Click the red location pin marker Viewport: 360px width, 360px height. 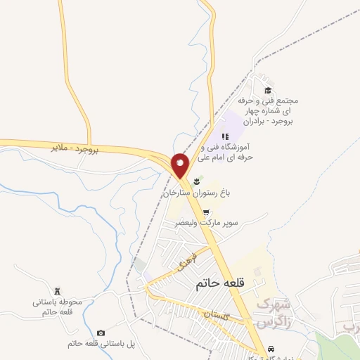(x=181, y=166)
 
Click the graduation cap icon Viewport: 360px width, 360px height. (x=267, y=90)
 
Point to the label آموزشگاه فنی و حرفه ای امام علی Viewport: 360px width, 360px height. (x=226, y=153)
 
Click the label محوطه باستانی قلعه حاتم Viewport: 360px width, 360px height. (x=58, y=307)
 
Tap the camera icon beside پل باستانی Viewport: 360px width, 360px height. (x=101, y=333)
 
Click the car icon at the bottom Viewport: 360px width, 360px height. (x=271, y=349)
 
